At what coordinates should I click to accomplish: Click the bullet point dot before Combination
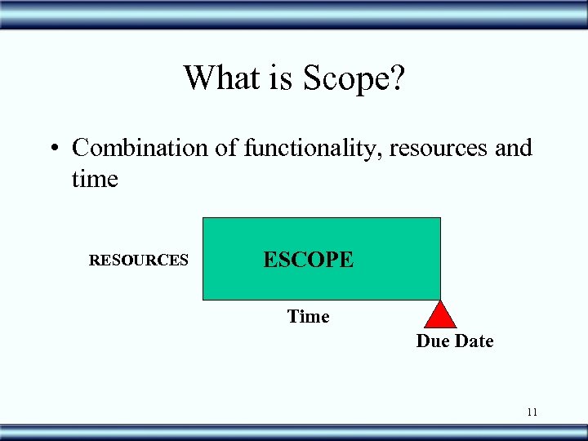click(51, 149)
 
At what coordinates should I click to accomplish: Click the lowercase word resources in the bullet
click(441, 149)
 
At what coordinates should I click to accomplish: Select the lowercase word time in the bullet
click(95, 179)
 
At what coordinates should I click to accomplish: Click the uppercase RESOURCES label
click(139, 261)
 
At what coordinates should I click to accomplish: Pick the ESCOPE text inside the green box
click(308, 260)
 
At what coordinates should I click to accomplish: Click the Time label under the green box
click(308, 316)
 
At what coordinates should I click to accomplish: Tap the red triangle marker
click(441, 316)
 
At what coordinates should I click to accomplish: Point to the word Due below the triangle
click(434, 341)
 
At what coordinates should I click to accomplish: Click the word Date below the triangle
click(474, 341)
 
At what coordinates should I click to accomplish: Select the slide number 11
click(532, 412)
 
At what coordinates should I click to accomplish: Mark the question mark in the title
click(398, 78)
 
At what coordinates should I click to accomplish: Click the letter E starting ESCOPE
click(269, 260)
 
